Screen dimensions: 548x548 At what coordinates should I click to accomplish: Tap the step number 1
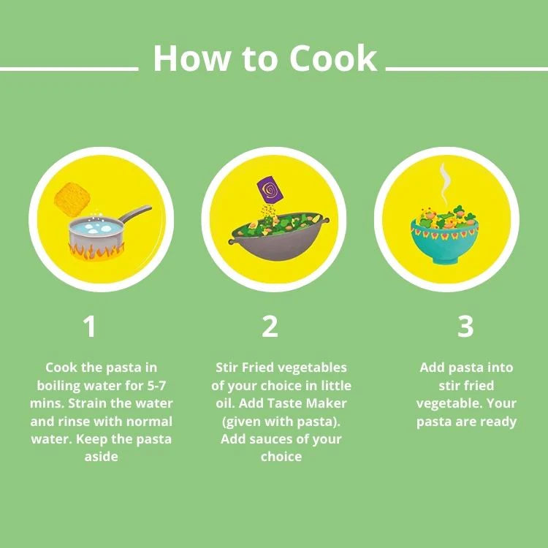pyautogui.click(x=90, y=327)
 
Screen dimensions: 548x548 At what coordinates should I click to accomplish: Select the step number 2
pyautogui.click(x=270, y=327)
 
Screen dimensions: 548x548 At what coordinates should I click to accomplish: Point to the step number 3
pyautogui.click(x=465, y=327)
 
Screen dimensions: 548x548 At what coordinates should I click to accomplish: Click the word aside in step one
pyautogui.click(x=101, y=457)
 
